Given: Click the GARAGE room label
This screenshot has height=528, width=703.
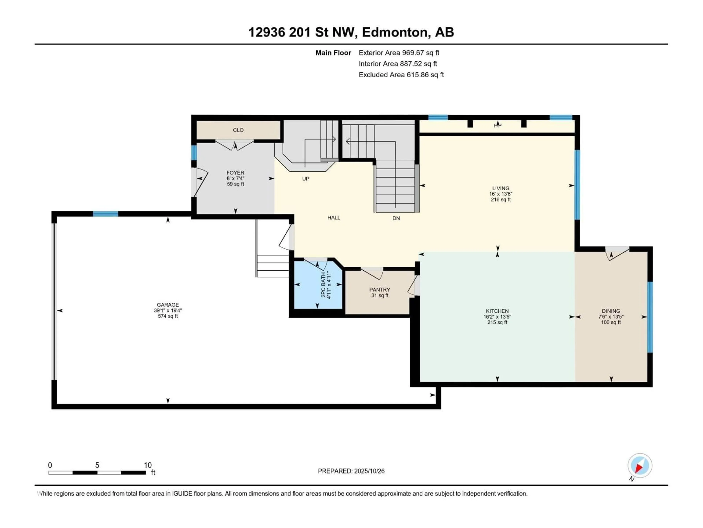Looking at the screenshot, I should pyautogui.click(x=168, y=305).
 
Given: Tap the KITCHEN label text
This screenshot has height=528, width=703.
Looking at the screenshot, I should pyautogui.click(x=497, y=311).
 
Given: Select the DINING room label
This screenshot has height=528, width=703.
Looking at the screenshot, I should pyautogui.click(x=611, y=311).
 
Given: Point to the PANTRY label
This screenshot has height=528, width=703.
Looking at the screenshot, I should pyautogui.click(x=380, y=290).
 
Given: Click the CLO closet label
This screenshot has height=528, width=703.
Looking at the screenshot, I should pyautogui.click(x=238, y=130).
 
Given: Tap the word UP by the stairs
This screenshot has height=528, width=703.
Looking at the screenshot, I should pyautogui.click(x=305, y=179).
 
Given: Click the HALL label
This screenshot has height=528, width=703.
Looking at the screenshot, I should pyautogui.click(x=334, y=218).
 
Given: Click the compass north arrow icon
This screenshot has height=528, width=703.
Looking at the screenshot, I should pyautogui.click(x=639, y=466).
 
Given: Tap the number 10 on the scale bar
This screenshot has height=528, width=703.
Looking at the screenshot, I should pyautogui.click(x=147, y=465).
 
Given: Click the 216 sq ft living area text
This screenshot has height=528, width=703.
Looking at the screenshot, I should pyautogui.click(x=501, y=199).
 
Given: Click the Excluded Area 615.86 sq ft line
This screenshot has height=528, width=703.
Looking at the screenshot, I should pyautogui.click(x=401, y=75).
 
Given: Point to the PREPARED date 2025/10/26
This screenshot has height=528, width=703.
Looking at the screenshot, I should pyautogui.click(x=351, y=471).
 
